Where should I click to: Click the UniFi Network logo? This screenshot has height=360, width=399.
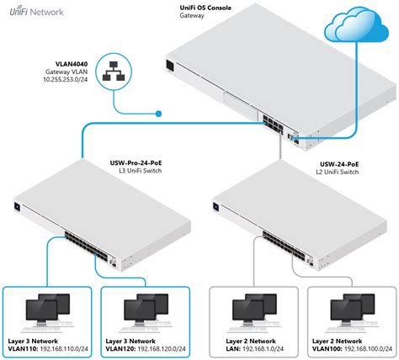click(x=36, y=12)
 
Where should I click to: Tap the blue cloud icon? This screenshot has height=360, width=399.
click(x=357, y=24)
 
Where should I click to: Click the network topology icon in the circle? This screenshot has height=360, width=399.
click(x=114, y=71)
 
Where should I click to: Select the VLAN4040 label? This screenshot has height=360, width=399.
click(x=72, y=64)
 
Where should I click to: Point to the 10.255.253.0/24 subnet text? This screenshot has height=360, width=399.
click(x=65, y=80)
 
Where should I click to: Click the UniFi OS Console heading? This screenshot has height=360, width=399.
click(x=205, y=8)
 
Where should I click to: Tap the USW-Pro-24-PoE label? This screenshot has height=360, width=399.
click(x=136, y=163)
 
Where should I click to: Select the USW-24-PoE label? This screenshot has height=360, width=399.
click(x=339, y=164)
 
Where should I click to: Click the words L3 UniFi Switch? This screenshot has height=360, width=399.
click(x=141, y=171)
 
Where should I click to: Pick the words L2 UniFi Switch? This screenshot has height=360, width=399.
click(x=338, y=172)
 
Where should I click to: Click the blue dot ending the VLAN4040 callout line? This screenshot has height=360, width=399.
click(x=158, y=114)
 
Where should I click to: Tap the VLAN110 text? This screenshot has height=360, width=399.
click(x=23, y=349)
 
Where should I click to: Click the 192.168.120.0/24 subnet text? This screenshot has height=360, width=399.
click(x=162, y=349)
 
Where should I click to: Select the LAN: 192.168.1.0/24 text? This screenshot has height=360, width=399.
click(x=255, y=349)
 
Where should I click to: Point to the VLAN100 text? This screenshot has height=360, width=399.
click(x=327, y=349)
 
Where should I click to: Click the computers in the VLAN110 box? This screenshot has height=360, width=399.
click(x=48, y=312)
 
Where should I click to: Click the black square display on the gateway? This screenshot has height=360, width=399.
click(x=170, y=66)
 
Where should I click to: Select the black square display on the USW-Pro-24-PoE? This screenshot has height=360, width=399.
click(x=17, y=206)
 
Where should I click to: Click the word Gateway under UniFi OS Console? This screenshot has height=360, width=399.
click(x=192, y=15)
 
